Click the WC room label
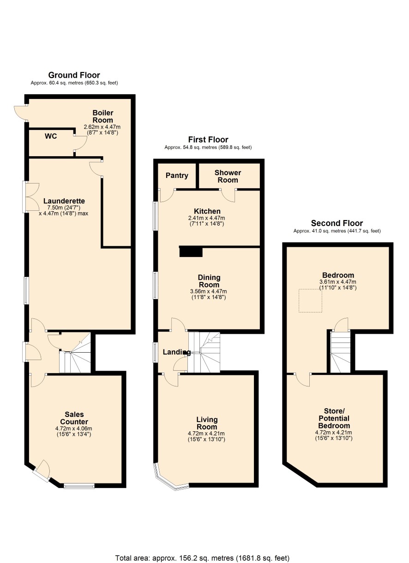(51, 136)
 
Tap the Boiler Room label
(102, 116)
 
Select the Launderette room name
(64, 201)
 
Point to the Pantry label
(177, 176)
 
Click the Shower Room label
(228, 176)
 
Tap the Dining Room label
(209, 281)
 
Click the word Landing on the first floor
(177, 352)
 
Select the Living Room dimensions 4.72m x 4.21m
(206, 433)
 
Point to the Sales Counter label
(74, 418)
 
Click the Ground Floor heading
(74, 75)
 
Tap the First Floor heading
(208, 139)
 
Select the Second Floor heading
(337, 223)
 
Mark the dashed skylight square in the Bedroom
(310, 301)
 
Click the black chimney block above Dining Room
(191, 251)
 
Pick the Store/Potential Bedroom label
(334, 418)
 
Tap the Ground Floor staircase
(75, 352)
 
